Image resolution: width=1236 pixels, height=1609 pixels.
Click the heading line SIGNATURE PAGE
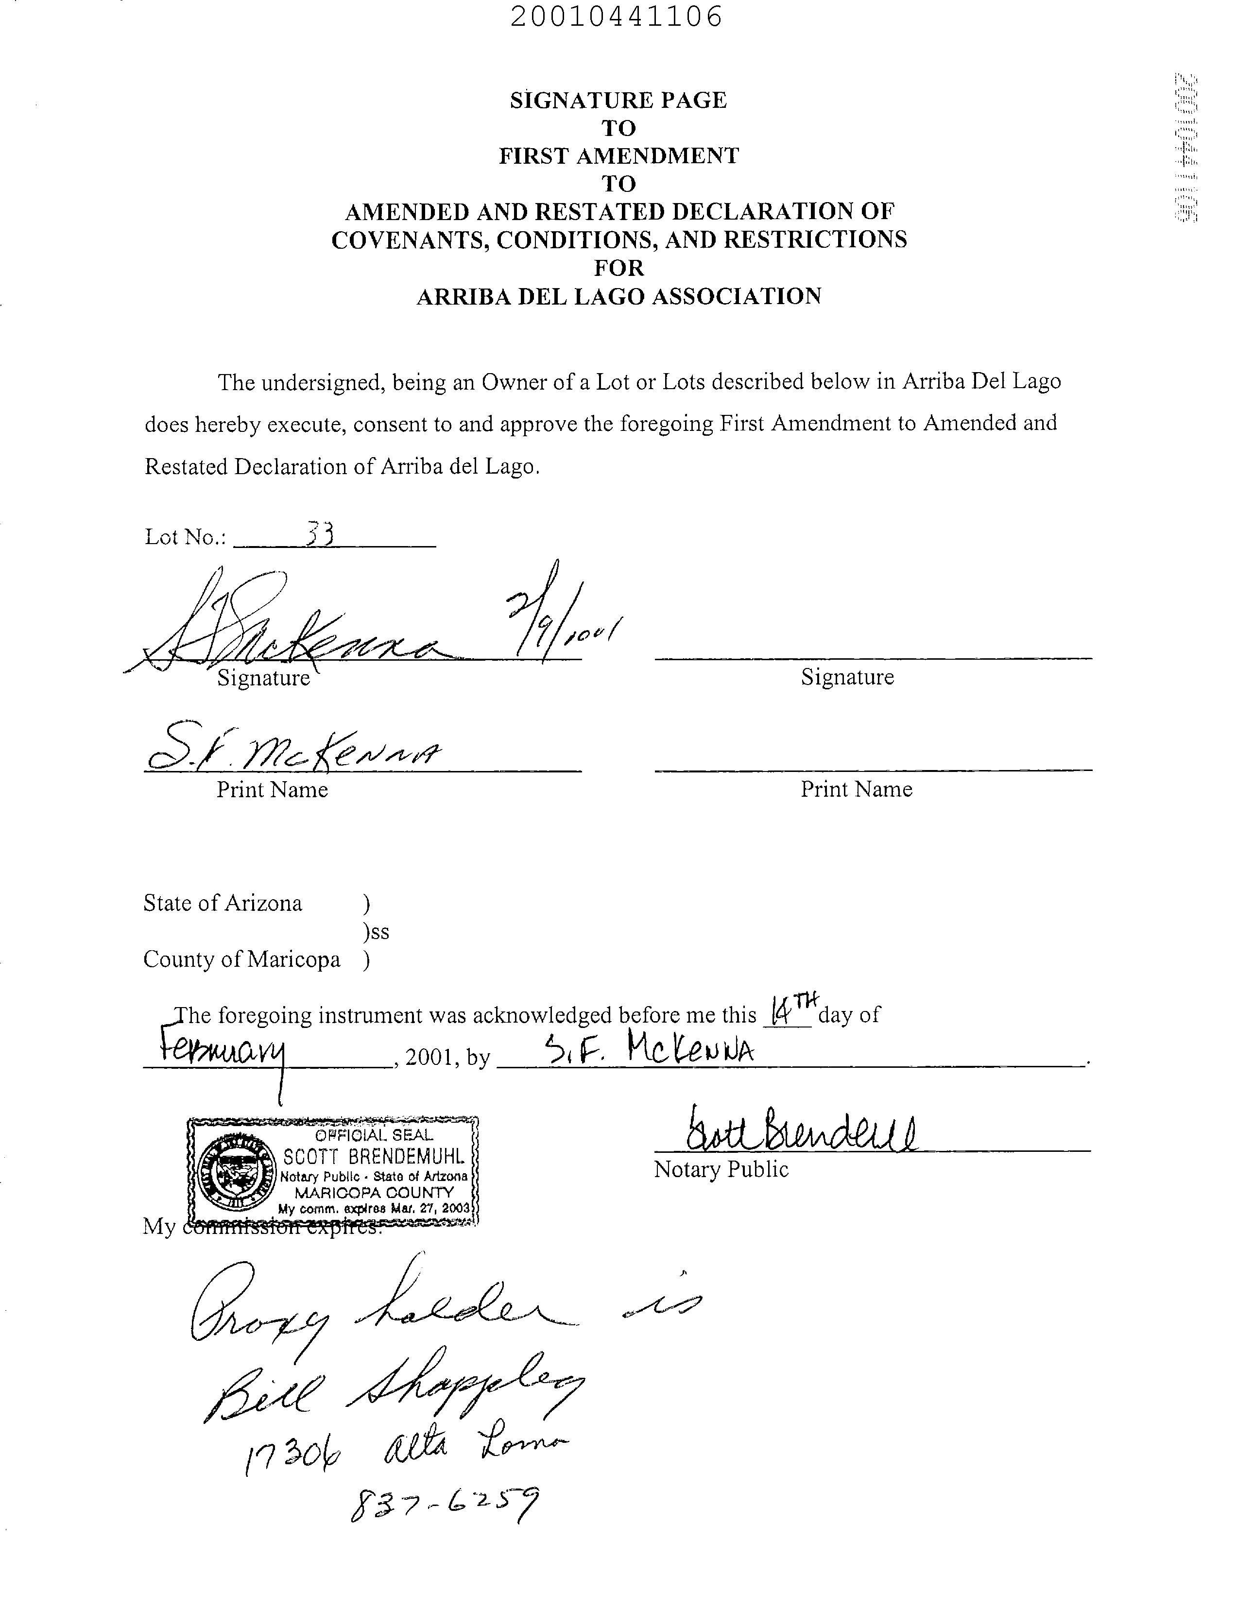point(618,100)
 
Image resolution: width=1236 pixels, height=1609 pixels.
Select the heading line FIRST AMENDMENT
point(618,156)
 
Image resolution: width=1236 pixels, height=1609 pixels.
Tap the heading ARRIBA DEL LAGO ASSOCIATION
point(618,296)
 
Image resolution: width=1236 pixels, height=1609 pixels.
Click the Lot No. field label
point(186,537)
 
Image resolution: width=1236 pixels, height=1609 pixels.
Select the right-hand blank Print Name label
point(857,789)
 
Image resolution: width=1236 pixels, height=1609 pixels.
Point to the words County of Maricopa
point(241,959)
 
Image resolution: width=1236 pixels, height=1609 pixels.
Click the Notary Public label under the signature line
point(721,1170)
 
